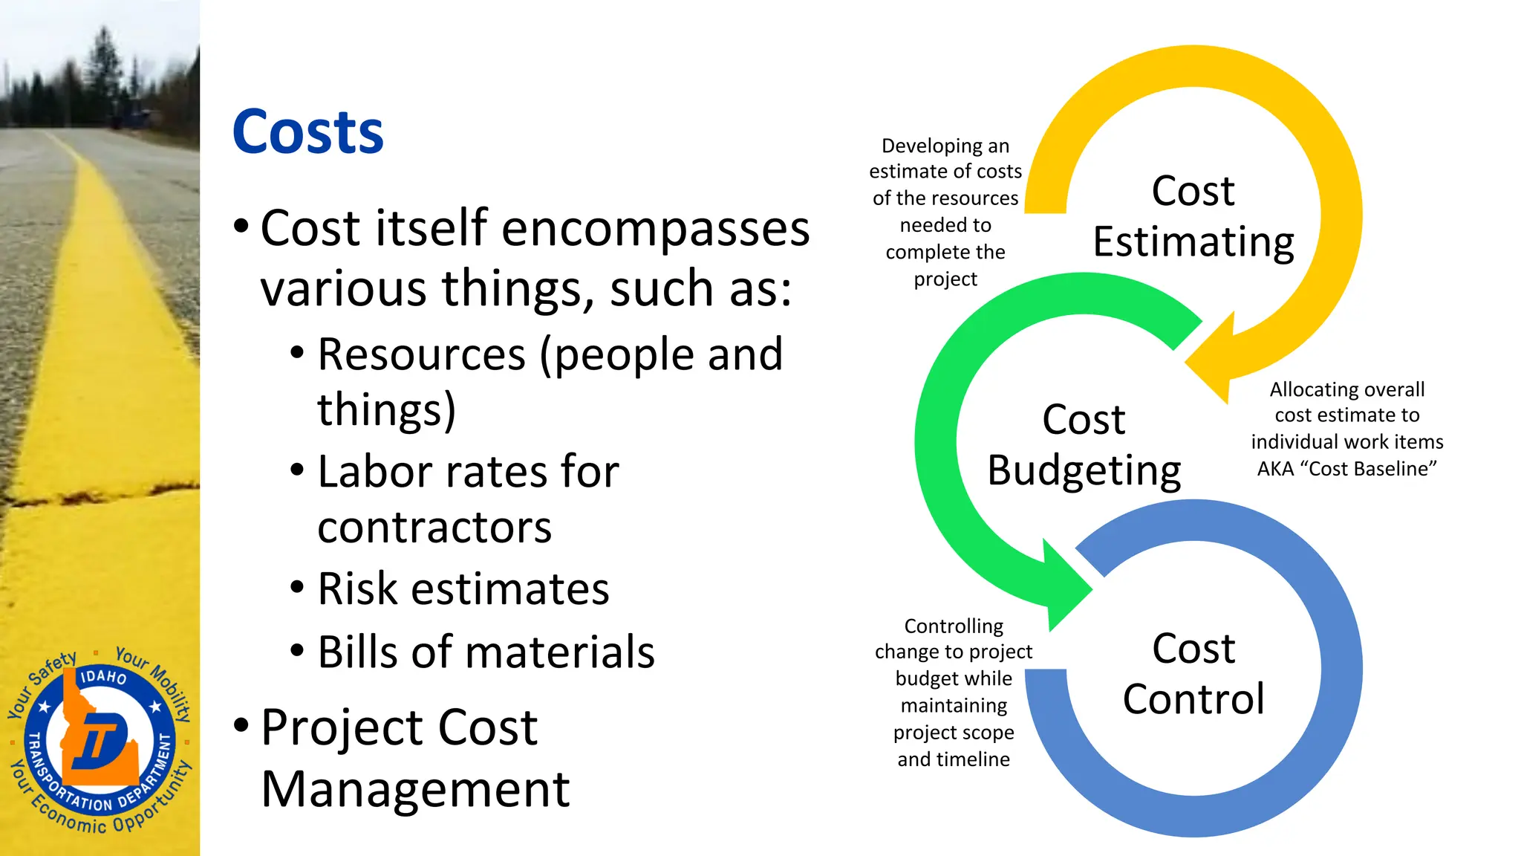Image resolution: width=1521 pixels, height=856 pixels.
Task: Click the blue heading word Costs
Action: click(307, 132)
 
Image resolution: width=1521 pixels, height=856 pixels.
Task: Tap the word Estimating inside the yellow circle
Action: click(1193, 241)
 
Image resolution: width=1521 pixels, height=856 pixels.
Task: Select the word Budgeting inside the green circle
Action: click(1084, 470)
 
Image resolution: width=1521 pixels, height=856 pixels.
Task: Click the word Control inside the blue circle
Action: click(1193, 699)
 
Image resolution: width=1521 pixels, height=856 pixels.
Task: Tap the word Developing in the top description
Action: click(922, 146)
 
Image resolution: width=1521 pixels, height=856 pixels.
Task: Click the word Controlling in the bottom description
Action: click(954, 626)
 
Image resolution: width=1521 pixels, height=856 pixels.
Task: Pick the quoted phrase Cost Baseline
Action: click(1372, 469)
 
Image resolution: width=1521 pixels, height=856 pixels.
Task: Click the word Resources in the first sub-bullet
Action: click(421, 354)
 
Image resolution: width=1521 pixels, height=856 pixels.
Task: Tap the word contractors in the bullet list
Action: click(434, 528)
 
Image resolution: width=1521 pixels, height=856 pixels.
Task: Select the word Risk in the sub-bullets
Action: click(358, 589)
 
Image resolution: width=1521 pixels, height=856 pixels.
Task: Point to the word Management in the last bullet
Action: click(415, 789)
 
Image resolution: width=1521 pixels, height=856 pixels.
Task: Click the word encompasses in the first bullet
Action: click(655, 228)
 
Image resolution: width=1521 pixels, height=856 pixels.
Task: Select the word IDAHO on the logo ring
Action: click(103, 677)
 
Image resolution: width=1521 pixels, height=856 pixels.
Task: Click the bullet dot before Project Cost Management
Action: click(241, 725)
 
